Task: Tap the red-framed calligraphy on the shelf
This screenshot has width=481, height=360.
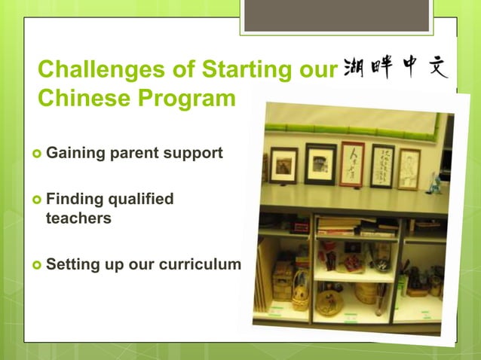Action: [351, 163]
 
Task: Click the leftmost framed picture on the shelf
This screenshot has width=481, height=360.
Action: [283, 164]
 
